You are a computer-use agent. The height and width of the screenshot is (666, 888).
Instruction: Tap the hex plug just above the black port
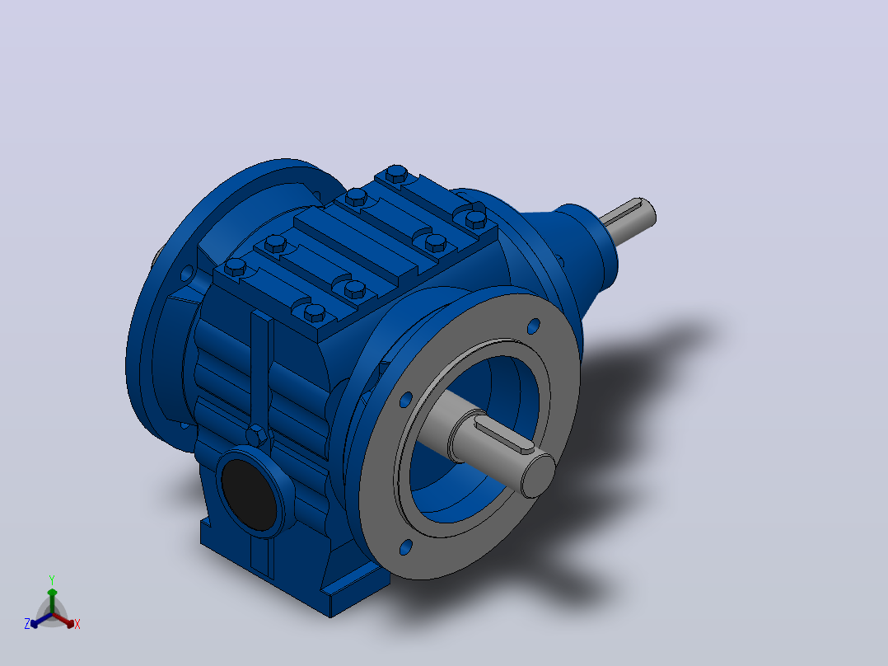click(x=256, y=436)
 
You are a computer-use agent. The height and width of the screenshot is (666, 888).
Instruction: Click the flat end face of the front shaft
click(x=537, y=475)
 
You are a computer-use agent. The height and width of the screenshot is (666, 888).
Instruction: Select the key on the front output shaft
click(x=504, y=436)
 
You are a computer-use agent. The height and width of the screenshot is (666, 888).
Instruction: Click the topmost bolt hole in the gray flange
click(x=534, y=326)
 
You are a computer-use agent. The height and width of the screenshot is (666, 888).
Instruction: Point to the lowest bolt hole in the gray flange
click(x=406, y=547)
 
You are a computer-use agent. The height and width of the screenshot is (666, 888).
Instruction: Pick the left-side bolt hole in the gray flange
click(x=405, y=400)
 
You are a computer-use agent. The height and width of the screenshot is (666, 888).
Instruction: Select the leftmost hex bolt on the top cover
click(x=235, y=266)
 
